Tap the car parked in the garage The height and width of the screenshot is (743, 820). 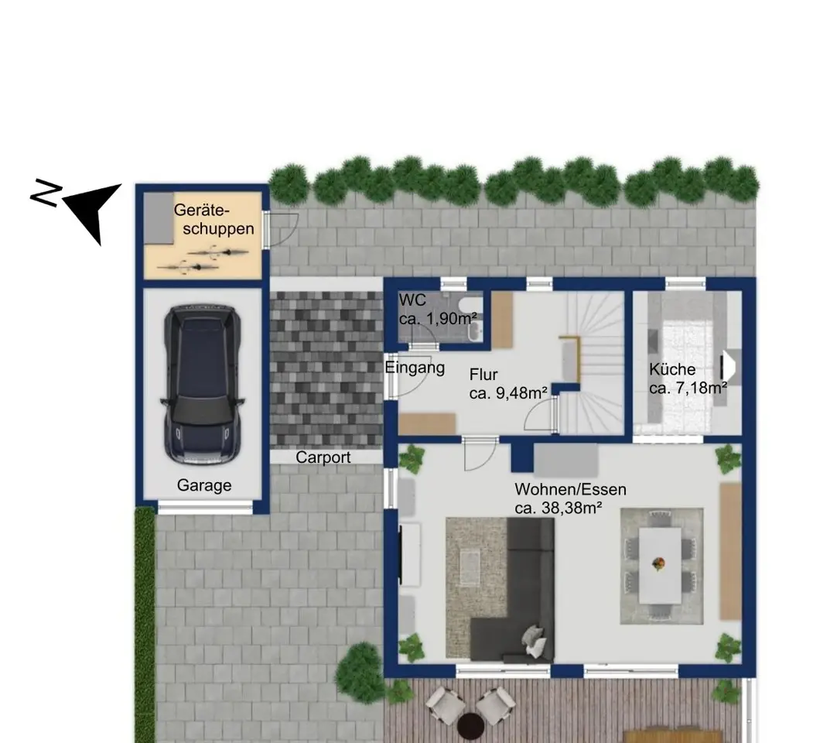(203, 384)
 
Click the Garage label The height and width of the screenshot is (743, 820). (204, 485)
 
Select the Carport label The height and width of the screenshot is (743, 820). (323, 457)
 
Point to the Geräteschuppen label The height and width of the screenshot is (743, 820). (214, 219)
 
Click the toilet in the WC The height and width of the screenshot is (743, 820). (467, 305)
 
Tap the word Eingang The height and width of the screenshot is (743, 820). (415, 368)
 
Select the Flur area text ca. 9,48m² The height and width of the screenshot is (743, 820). (508, 393)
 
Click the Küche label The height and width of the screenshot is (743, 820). (672, 369)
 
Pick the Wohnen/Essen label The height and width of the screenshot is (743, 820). (571, 490)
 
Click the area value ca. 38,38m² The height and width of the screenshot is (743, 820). (558, 508)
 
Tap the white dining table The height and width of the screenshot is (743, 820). (659, 565)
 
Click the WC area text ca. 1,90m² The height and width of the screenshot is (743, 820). (438, 319)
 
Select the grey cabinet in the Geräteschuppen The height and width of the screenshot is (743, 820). (159, 217)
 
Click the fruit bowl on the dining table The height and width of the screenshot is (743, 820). (659, 563)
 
